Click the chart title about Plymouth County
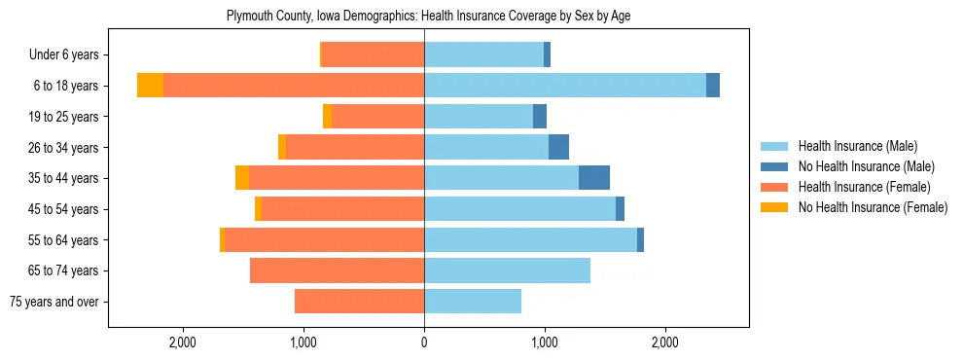[428, 17]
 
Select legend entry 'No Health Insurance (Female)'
[873, 207]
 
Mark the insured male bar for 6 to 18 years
[564, 86]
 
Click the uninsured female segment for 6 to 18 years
[150, 86]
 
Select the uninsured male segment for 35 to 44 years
[594, 178]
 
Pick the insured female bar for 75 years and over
[359, 302]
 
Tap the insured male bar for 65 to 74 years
[507, 270]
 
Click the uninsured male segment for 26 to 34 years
[558, 147]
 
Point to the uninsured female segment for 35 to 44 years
[242, 178]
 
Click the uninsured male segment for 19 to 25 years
[540, 117]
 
